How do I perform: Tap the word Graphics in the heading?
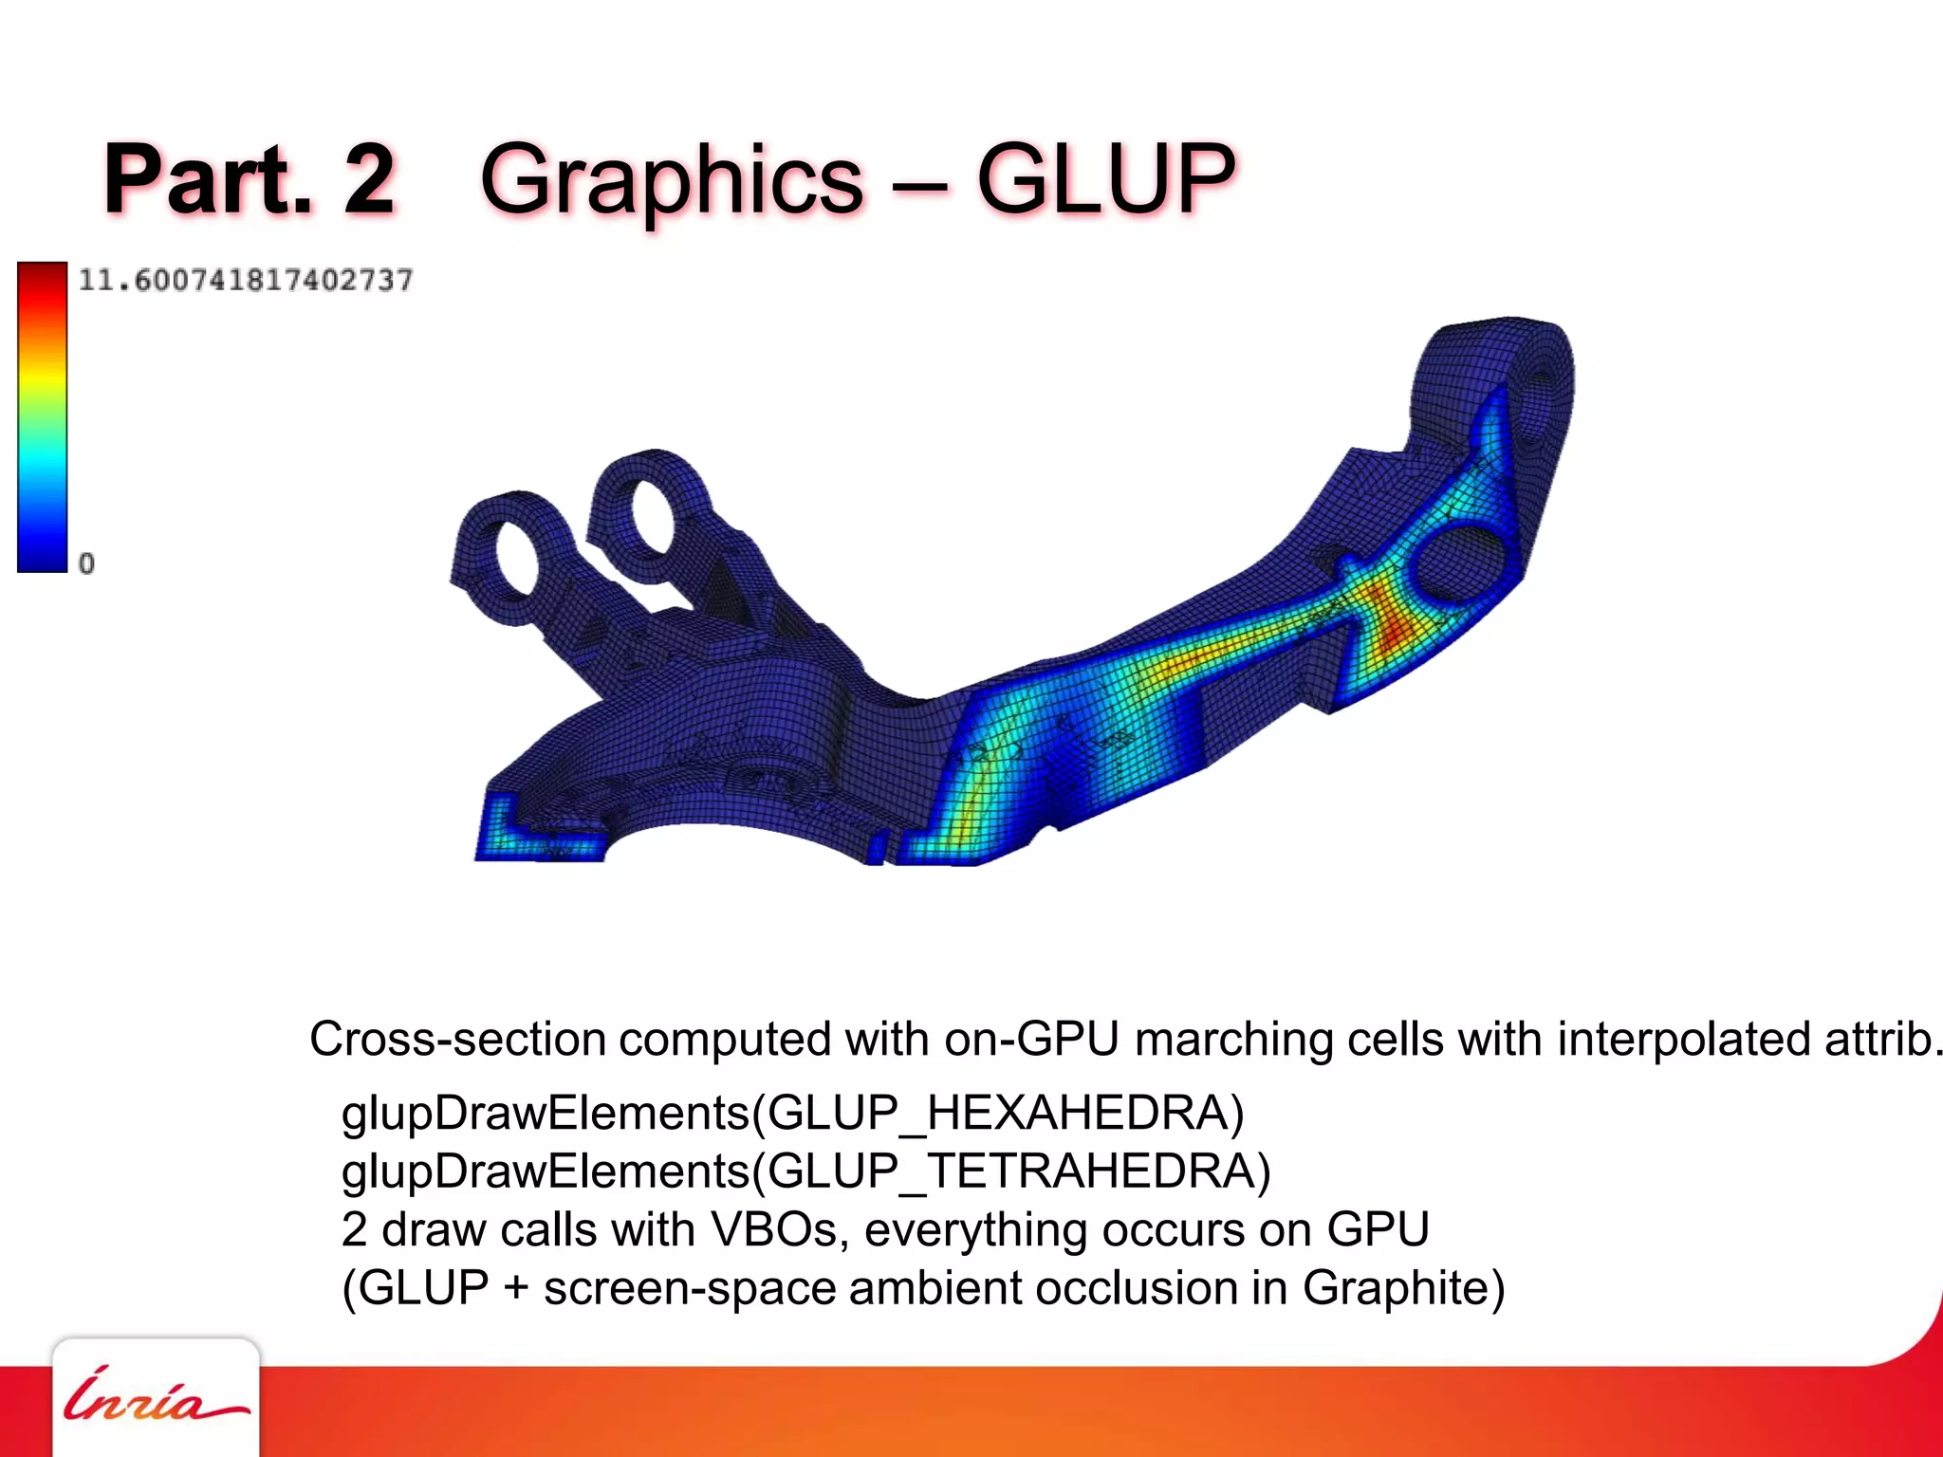(672, 180)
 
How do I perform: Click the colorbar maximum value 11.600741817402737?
(245, 281)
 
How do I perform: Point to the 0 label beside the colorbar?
(86, 563)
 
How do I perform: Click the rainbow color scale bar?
(42, 417)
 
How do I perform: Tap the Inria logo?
(155, 1396)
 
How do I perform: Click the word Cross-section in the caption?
(457, 1039)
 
